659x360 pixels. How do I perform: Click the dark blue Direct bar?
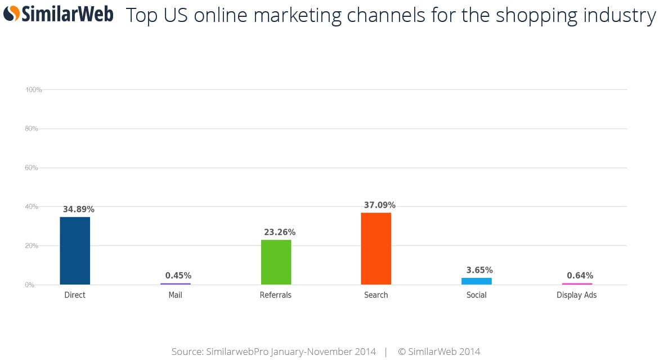[75, 250]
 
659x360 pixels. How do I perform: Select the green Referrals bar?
[276, 262]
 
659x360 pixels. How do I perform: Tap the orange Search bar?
[376, 248]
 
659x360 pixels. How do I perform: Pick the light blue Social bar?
[477, 281]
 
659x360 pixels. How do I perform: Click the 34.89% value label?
[79, 209]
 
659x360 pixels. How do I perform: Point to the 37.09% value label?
[380, 205]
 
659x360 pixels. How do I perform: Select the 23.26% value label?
[280, 232]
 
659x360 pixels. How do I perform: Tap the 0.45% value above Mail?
[178, 275]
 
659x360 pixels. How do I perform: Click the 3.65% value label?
[479, 270]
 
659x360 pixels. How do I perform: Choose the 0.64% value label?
[580, 275]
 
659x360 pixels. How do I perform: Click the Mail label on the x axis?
[176, 295]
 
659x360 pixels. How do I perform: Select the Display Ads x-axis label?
[577, 295]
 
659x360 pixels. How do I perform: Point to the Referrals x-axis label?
[276, 295]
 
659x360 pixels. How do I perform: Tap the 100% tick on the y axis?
[34, 89]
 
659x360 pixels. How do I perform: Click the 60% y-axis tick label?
[32, 168]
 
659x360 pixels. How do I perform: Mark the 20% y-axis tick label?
[32, 246]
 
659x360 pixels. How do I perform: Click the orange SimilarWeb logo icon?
[11, 13]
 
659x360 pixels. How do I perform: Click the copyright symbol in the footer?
[402, 352]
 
